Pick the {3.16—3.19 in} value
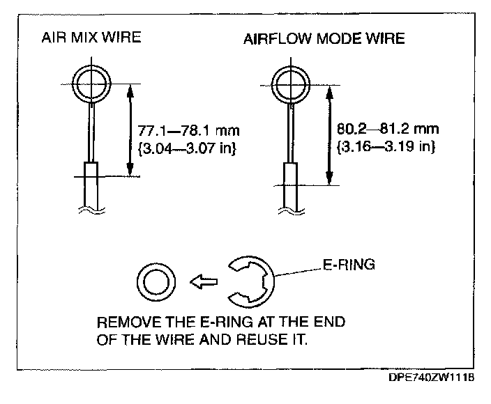coord(382,147)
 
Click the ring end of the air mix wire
coord(91,83)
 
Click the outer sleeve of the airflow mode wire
coord(288,182)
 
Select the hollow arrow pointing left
coord(203,283)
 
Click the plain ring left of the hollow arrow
coord(155,283)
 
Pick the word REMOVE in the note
coord(126,324)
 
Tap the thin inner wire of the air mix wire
coord(91,132)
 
